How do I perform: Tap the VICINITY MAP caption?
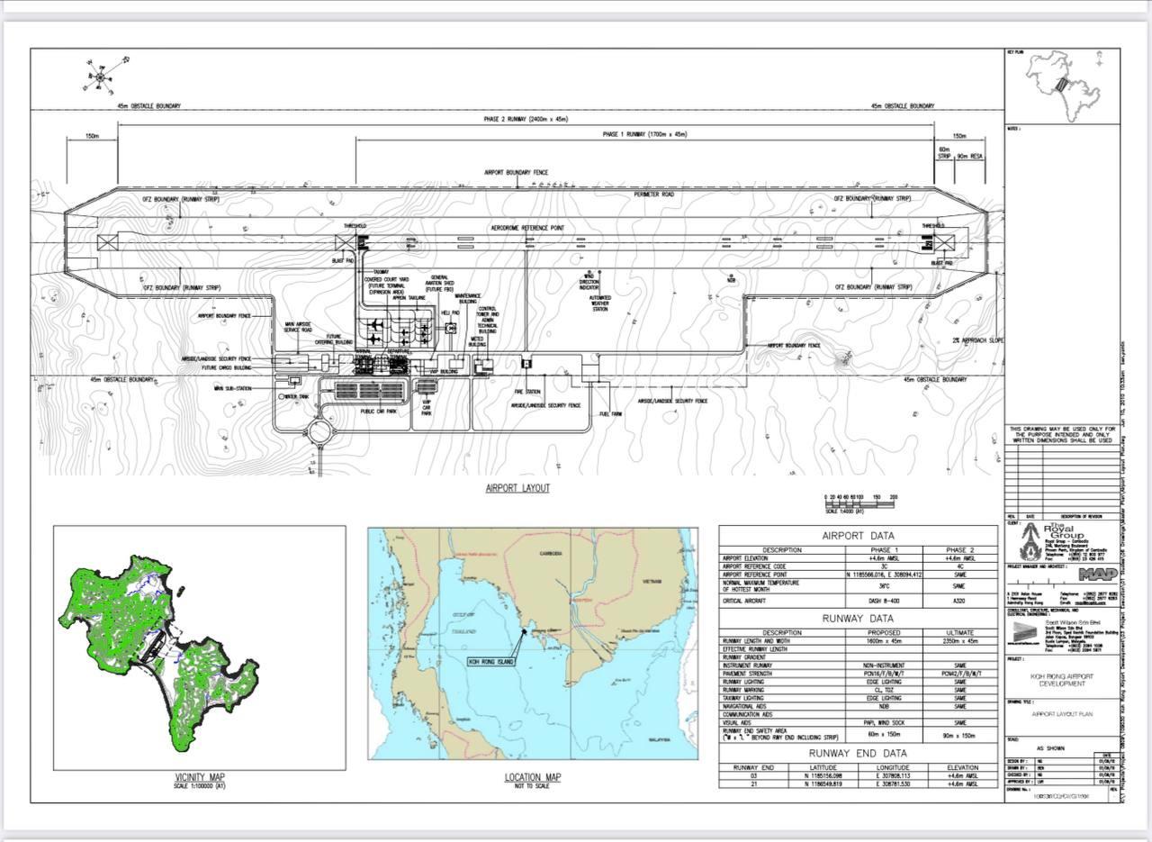(x=200, y=778)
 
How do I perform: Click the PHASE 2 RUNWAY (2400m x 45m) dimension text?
(x=526, y=120)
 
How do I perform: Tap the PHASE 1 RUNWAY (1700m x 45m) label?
(x=644, y=134)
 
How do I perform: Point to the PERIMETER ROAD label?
(x=654, y=195)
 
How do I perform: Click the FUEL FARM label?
(x=611, y=414)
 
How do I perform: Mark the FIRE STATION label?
(x=527, y=392)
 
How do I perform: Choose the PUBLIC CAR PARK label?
(x=379, y=411)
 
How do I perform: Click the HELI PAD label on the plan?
(x=450, y=312)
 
